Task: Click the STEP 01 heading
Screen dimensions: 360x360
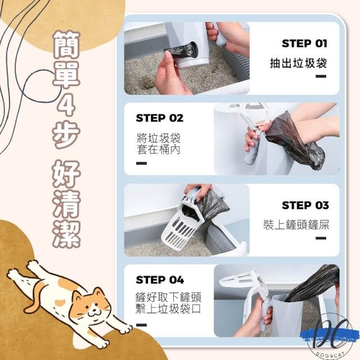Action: pos(304,43)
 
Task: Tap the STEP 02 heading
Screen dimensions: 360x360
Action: pos(160,118)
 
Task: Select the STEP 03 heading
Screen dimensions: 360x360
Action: pos(305,205)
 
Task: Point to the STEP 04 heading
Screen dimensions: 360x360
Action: pos(160,280)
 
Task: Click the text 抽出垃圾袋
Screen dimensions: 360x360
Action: pos(298,63)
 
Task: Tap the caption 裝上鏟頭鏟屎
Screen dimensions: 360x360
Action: pos(296,224)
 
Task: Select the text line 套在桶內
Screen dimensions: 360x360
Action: pos(159,149)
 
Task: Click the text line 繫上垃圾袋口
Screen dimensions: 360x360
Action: pos(168,309)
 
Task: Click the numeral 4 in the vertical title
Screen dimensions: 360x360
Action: pos(66,103)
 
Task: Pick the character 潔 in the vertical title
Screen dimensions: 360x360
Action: pos(66,235)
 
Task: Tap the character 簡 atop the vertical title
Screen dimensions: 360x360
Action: pos(66,44)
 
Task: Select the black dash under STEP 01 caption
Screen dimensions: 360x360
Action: pos(321,76)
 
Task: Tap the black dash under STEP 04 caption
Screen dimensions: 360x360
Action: pos(141,325)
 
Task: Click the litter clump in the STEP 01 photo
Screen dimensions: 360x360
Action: pos(147,82)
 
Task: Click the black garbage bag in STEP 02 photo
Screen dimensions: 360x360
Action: pos(296,140)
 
